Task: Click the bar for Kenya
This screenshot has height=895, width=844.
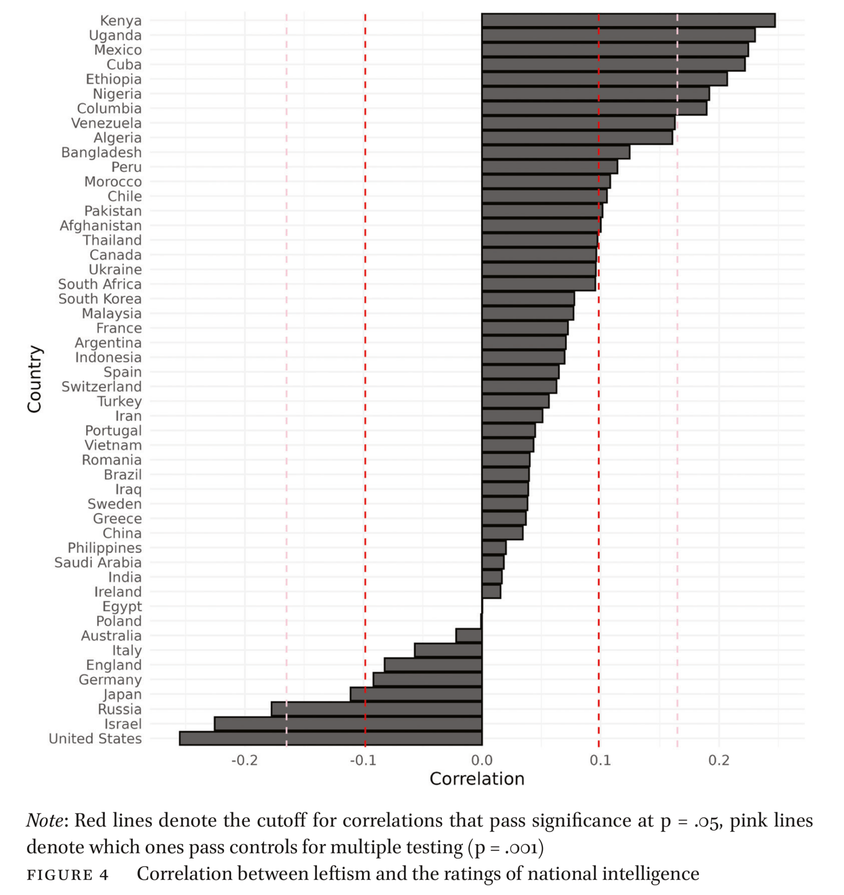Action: tap(628, 20)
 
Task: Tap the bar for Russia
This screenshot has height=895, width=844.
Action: tap(376, 709)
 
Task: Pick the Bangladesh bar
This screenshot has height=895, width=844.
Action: tap(556, 152)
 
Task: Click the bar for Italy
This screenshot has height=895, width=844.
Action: tap(448, 650)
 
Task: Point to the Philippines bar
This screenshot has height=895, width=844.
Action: tap(494, 548)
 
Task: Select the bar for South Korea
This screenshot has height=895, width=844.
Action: tap(528, 298)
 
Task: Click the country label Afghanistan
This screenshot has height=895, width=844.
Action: tap(101, 225)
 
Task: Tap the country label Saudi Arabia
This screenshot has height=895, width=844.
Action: tap(98, 563)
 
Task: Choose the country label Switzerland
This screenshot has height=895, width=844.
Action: tap(101, 387)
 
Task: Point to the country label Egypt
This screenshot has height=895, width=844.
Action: tap(122, 607)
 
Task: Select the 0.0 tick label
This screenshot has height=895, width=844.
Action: tap(482, 761)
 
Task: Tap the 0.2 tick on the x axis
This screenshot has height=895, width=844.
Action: tap(719, 761)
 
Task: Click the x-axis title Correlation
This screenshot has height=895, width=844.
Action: tap(477, 779)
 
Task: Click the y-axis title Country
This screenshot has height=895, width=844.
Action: tap(35, 379)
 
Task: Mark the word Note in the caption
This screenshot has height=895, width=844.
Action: tap(45, 821)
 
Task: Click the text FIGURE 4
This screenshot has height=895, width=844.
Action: tap(68, 875)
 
